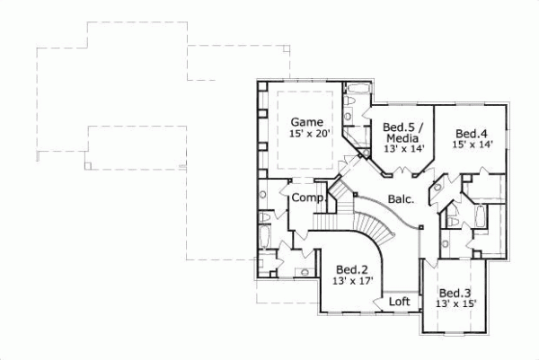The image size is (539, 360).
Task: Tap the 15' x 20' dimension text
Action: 310,134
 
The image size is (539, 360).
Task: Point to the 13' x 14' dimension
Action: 402,149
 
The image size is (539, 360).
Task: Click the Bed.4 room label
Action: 471,130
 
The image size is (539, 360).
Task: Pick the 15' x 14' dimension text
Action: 471,143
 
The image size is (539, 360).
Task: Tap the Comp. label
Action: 307,198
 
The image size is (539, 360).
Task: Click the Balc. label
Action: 401,200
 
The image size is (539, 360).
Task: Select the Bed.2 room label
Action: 351,269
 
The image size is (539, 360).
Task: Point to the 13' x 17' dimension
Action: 351,281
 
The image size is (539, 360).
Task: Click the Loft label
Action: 399,303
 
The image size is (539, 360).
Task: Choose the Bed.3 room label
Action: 455,293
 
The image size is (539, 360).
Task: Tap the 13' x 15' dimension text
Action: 456,304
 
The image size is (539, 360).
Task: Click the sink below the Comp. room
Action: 306,270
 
